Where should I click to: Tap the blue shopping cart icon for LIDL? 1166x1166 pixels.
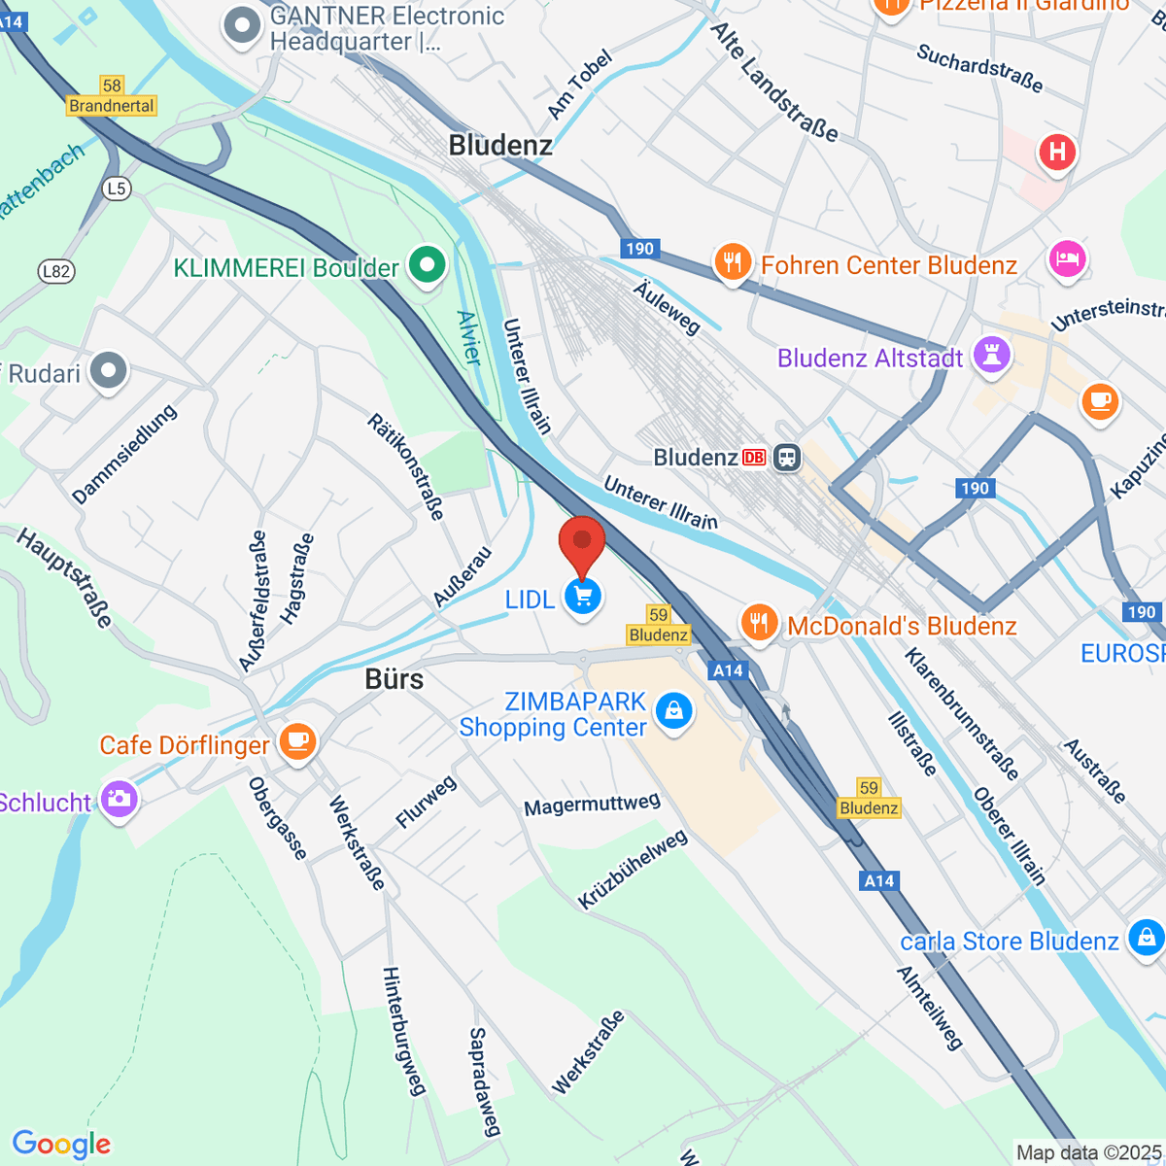(x=583, y=598)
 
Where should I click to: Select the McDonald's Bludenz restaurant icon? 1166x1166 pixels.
(x=759, y=623)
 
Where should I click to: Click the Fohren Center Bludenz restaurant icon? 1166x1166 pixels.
(x=733, y=263)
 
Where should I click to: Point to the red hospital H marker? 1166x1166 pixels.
(x=1056, y=153)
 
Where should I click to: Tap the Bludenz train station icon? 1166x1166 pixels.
(x=787, y=458)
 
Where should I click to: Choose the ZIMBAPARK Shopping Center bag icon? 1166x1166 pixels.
(x=673, y=711)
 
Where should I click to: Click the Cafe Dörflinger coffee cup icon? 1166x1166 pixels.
(x=296, y=742)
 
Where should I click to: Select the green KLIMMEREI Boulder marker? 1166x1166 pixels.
(x=426, y=265)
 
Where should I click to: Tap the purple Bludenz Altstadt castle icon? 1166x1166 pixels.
(x=991, y=356)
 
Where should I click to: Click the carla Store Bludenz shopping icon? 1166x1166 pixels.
(x=1146, y=938)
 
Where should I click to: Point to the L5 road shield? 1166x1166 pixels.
(x=117, y=188)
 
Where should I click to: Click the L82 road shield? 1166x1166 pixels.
(x=56, y=271)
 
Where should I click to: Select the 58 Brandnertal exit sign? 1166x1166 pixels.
(x=112, y=96)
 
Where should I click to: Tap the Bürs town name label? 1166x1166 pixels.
(x=394, y=678)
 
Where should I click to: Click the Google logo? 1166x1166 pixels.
(x=61, y=1145)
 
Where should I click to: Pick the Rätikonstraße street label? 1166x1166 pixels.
(x=406, y=466)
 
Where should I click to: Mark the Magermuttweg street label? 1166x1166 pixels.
(x=592, y=805)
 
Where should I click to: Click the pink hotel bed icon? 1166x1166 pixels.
(x=1066, y=259)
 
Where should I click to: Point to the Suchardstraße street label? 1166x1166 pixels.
(x=979, y=68)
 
